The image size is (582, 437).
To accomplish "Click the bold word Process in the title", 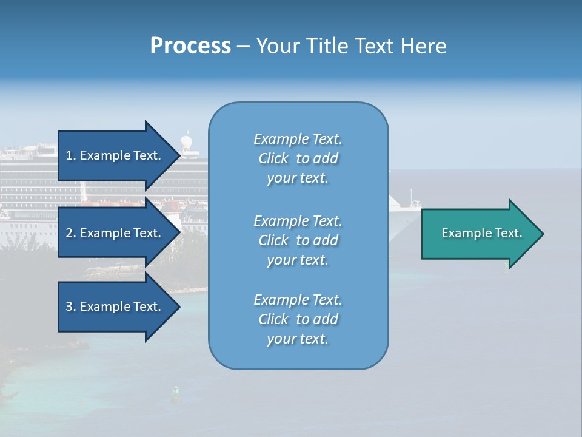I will click(190, 46).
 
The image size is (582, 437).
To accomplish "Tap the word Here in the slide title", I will click(423, 46).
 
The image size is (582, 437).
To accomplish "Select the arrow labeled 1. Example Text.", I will click(115, 155).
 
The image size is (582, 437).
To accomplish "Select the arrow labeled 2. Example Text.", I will click(115, 233).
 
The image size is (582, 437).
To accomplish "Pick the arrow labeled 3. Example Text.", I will click(115, 307).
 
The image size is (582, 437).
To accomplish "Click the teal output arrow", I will click(479, 233).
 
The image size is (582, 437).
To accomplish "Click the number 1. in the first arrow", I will click(71, 155).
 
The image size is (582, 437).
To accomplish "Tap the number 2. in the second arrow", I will click(71, 233).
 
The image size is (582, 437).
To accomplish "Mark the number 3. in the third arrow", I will click(71, 307).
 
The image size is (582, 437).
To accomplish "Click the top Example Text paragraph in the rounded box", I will click(298, 158).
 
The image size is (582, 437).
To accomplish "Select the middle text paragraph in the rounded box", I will click(298, 240).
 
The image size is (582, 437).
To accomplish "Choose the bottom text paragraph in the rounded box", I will click(298, 319).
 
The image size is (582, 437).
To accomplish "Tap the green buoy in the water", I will click(176, 395).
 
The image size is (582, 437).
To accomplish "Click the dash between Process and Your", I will click(244, 46).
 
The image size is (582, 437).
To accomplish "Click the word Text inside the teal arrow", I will click(509, 233).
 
